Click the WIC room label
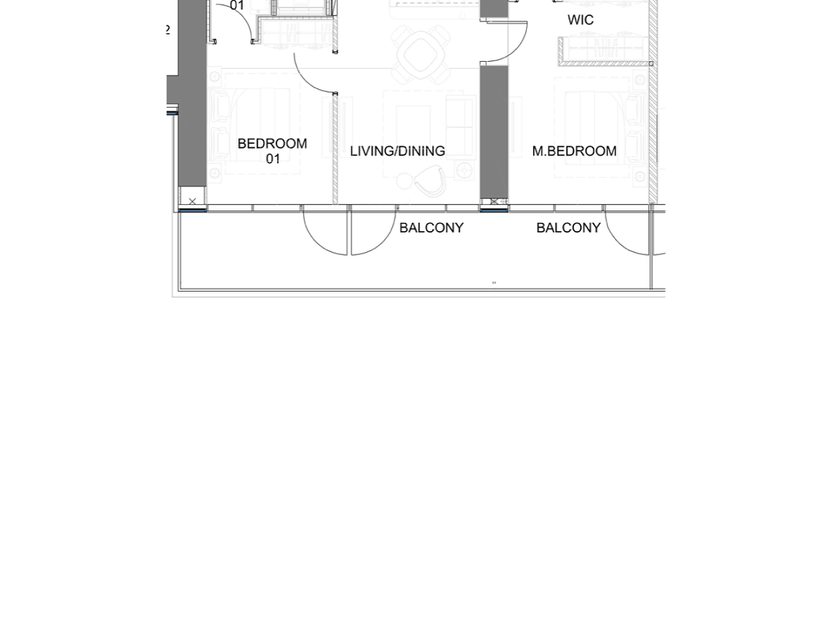coord(580,20)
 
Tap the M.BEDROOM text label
coord(575,151)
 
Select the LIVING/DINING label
coord(398,151)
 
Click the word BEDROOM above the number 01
coord(272,144)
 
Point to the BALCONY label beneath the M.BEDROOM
coord(568,228)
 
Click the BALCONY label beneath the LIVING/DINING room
coord(432,228)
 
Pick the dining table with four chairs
coord(420,54)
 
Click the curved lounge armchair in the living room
coord(430,181)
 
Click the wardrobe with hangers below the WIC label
coord(605,50)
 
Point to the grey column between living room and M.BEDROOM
coord(494,131)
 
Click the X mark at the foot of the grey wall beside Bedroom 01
coord(192,202)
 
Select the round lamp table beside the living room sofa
coord(465,171)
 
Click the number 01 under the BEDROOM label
coord(273,159)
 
